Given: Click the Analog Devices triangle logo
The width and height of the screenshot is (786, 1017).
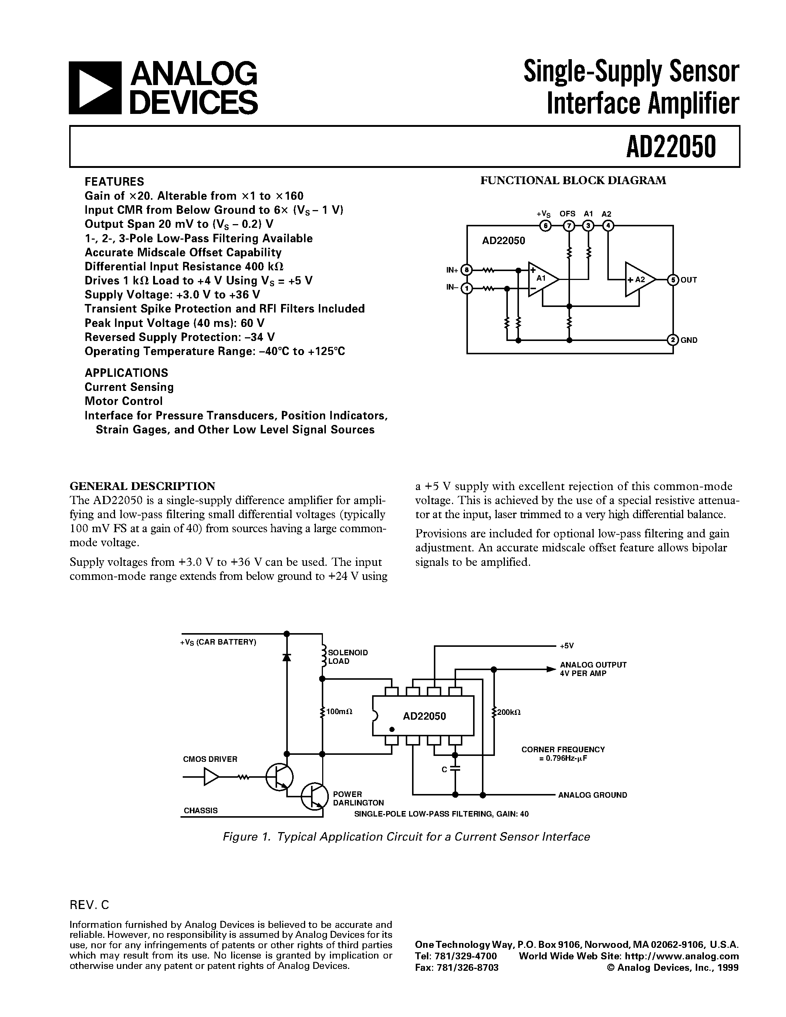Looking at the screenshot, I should click(95, 88).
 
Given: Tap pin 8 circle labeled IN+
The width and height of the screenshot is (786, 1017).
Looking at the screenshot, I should click(466, 270).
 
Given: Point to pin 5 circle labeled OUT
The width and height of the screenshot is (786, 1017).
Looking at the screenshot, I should click(673, 280).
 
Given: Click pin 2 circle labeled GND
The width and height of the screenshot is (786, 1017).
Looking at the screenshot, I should click(673, 340).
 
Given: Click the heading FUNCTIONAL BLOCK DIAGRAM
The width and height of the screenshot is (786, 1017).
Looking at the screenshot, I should click(573, 181).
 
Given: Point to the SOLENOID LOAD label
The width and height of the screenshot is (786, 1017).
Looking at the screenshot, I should click(347, 656).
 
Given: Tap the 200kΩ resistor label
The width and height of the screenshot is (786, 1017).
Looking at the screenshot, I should click(509, 712).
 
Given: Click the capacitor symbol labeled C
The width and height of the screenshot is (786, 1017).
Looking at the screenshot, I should click(455, 769).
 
